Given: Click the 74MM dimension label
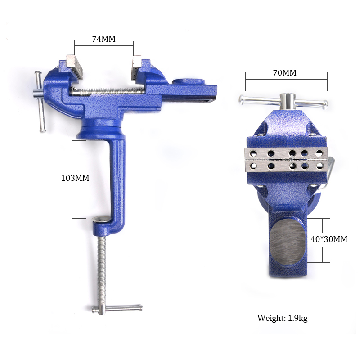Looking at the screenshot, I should [x=104, y=39].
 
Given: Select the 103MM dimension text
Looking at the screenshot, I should [x=75, y=178].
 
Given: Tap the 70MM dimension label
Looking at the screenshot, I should [x=284, y=72].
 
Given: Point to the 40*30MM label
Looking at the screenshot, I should [x=329, y=239].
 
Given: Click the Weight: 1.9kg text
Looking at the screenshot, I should [x=282, y=318].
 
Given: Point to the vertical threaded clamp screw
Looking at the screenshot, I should [x=103, y=270].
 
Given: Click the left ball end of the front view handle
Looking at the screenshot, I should [x=242, y=100].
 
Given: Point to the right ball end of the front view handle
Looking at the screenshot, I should [x=326, y=104].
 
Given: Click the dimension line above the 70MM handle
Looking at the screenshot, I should [x=286, y=80].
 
